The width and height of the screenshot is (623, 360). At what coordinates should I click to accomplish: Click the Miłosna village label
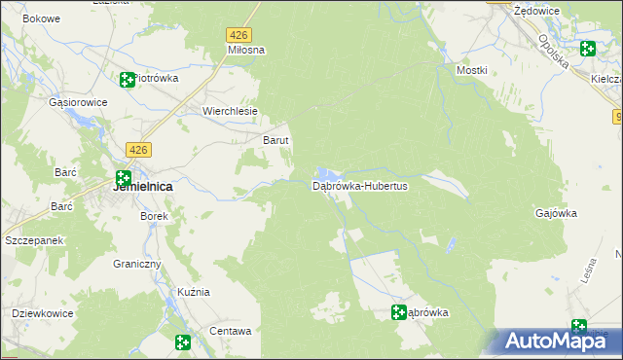(246, 49)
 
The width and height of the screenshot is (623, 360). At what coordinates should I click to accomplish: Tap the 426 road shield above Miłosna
(239, 34)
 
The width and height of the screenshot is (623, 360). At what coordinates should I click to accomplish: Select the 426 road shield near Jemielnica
(138, 149)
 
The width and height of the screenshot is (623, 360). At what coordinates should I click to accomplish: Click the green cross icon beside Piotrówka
(127, 80)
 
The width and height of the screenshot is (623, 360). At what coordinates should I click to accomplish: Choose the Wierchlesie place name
(230, 111)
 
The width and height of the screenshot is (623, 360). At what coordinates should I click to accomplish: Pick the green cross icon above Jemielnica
(124, 178)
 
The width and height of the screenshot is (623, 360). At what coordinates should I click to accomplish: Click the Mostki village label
(472, 70)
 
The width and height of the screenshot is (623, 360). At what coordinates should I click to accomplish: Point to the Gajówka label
(557, 213)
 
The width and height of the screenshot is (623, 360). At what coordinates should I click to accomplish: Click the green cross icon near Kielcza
(587, 49)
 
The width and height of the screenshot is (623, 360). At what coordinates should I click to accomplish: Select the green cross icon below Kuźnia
(182, 342)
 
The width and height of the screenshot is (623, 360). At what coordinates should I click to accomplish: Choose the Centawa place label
(231, 331)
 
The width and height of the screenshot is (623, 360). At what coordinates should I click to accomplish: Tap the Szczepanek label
(34, 239)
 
